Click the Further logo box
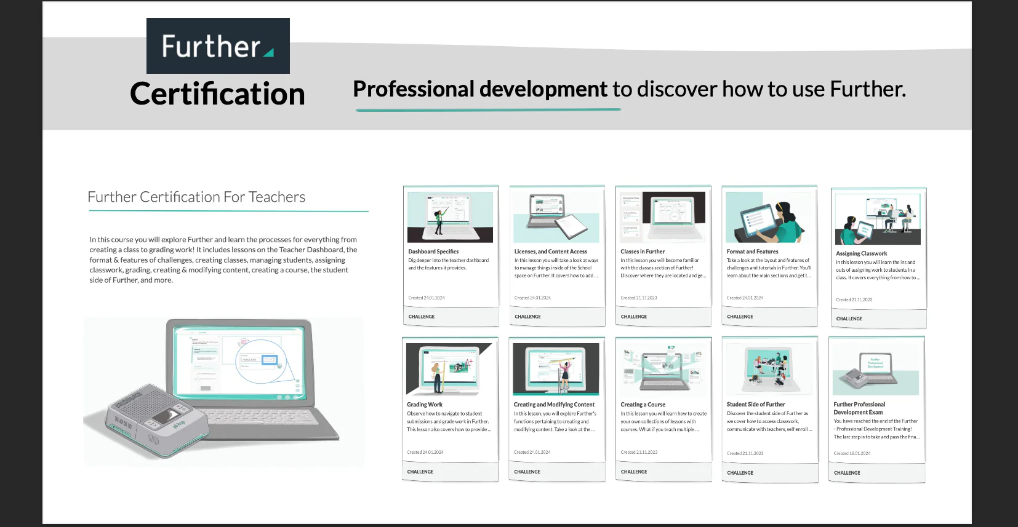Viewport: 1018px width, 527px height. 218,46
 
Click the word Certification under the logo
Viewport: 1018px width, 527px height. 218,94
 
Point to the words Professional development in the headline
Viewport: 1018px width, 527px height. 480,89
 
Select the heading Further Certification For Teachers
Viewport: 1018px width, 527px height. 196,197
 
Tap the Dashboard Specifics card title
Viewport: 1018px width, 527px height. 433,252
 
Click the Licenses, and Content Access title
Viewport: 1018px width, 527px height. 550,252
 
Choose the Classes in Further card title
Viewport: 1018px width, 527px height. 643,252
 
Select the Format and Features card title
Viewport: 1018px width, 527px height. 752,252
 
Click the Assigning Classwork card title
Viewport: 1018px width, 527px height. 861,253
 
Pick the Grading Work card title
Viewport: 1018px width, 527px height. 425,405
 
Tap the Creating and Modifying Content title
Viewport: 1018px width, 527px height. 554,405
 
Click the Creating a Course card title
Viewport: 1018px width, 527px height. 643,405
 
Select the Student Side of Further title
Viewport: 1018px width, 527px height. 756,405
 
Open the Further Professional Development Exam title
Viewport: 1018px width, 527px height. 859,408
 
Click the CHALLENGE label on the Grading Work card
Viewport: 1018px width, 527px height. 420,472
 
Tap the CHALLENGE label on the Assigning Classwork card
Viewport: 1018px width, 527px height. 849,319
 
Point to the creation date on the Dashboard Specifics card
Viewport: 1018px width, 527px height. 427,298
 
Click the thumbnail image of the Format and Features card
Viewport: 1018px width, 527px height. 769,217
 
